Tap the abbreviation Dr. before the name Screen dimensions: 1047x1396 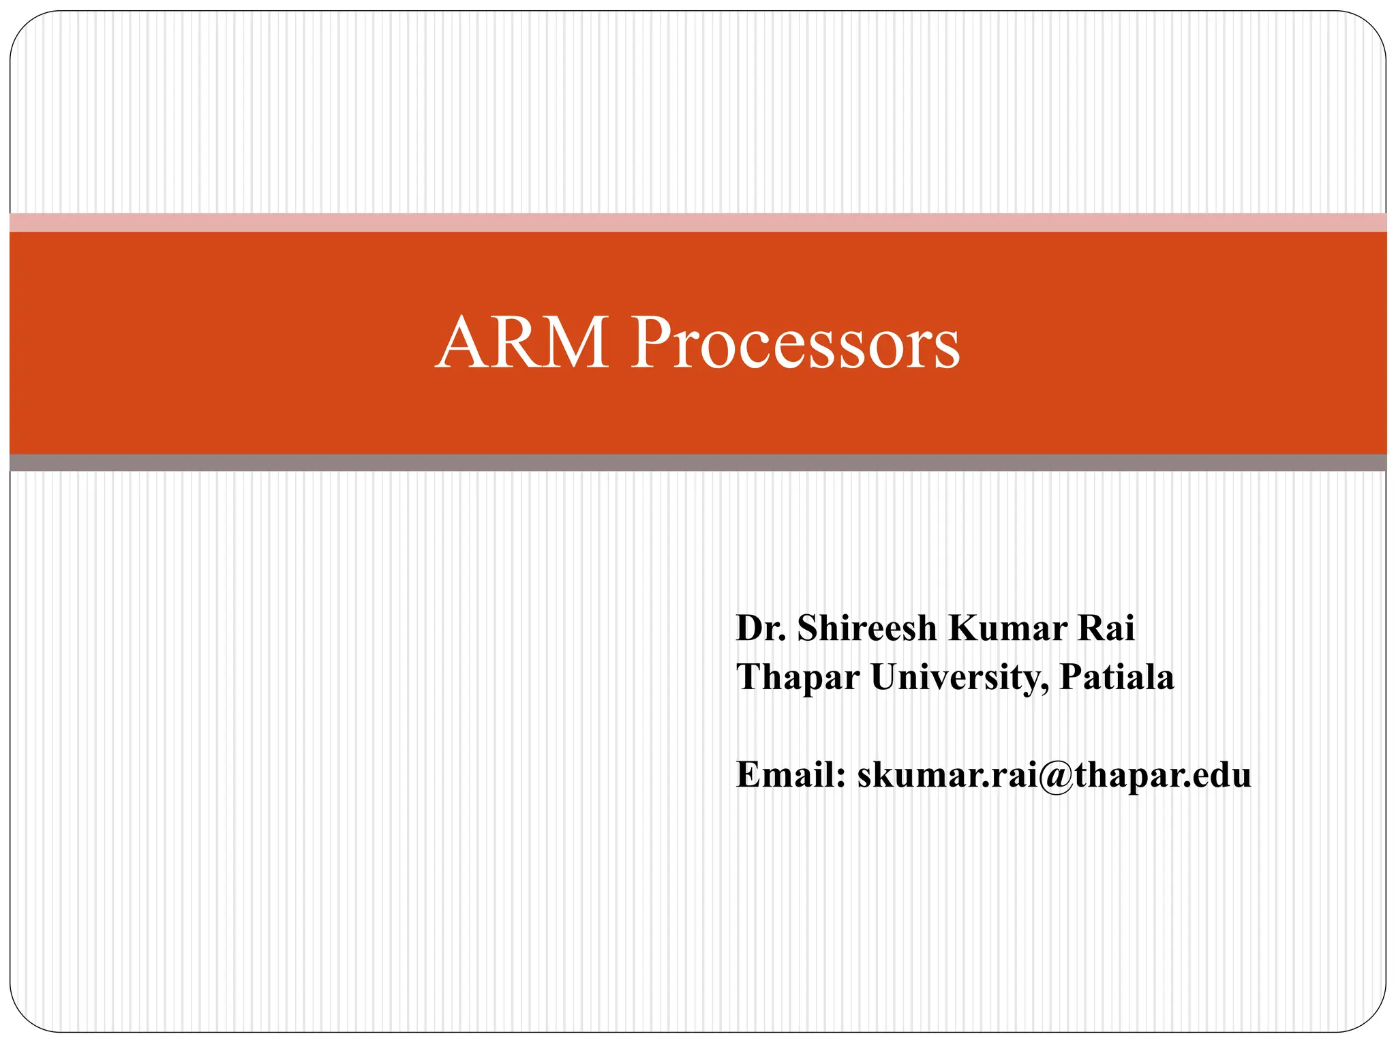pos(761,628)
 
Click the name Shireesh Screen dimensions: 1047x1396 pos(867,628)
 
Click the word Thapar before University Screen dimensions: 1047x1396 pos(798,678)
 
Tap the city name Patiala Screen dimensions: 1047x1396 pos(1117,678)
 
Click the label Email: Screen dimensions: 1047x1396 pos(791,775)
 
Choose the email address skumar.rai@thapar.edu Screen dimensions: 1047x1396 pos(1054,775)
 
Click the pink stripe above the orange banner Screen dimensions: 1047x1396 pos(698,222)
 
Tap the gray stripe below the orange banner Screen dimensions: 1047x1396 pos(698,463)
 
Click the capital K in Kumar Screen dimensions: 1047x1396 pos(963,628)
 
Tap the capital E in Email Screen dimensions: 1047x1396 pos(749,775)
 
